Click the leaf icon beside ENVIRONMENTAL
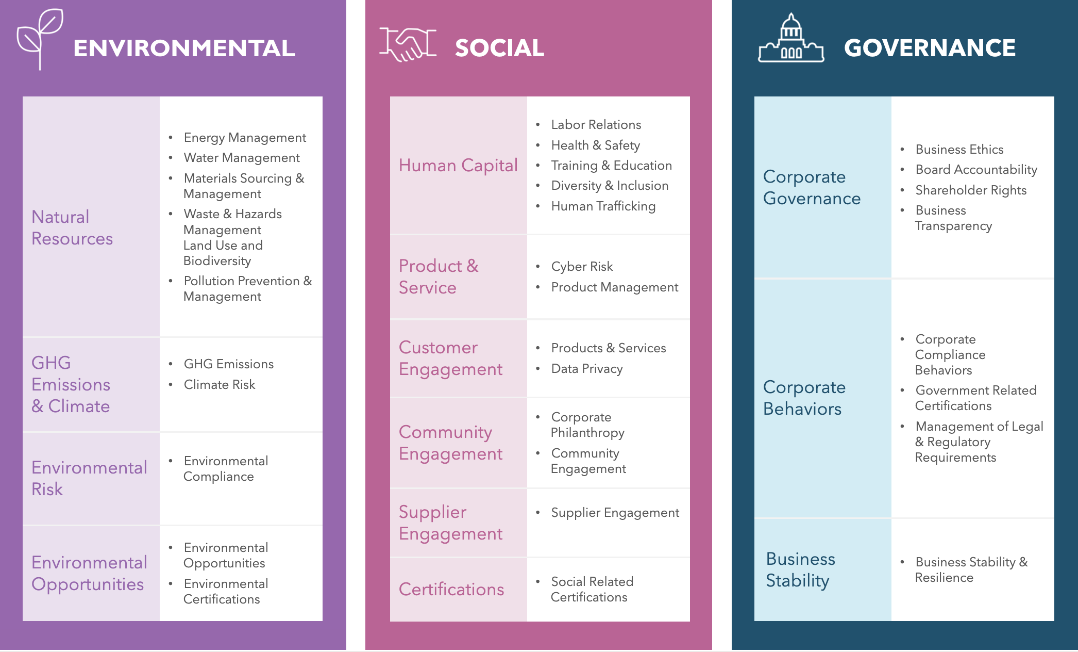40,38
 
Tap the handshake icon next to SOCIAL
408,44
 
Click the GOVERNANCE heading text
930,48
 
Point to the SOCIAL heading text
499,48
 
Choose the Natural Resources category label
72,227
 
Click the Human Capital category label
458,165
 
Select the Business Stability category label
800,569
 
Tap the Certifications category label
451,589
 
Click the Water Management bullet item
242,158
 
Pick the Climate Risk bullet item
220,385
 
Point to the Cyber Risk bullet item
582,267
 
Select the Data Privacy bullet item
587,369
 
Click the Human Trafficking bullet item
603,206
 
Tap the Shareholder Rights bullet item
971,190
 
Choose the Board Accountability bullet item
976,170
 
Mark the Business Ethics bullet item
959,150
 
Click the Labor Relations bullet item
596,125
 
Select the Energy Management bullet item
245,138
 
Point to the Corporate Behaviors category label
804,398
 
